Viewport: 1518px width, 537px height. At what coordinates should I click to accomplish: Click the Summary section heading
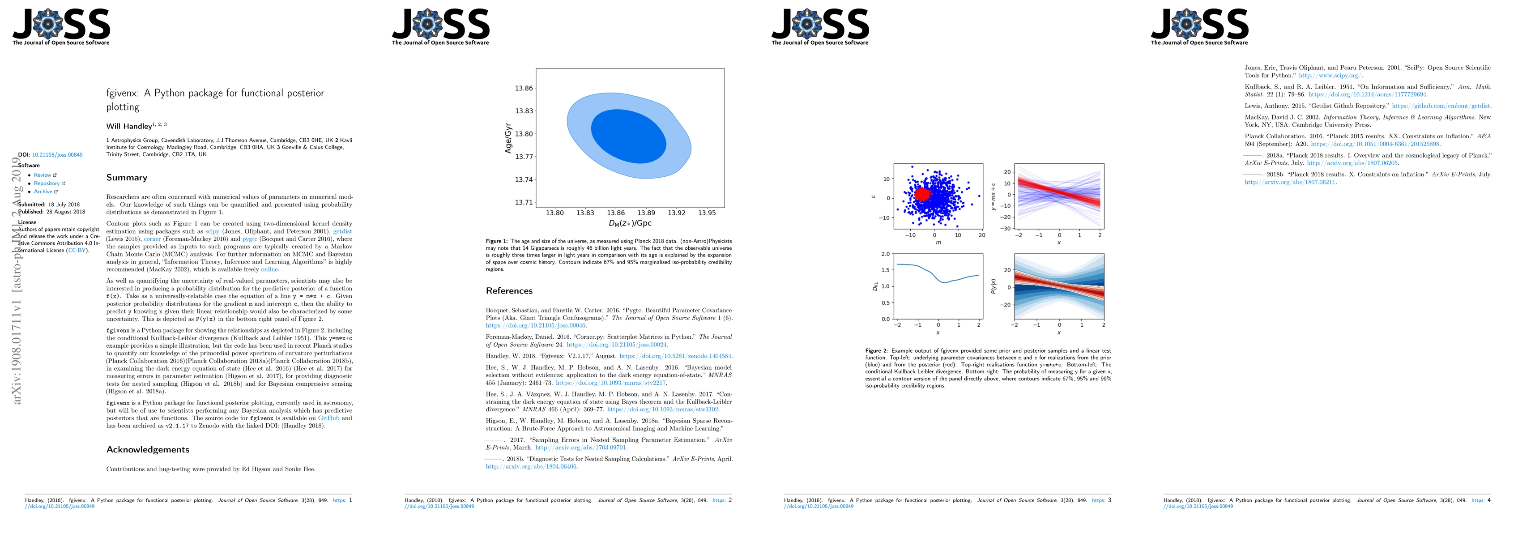point(127,177)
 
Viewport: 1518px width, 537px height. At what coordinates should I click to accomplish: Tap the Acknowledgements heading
point(148,449)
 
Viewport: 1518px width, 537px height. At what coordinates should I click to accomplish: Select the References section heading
point(509,290)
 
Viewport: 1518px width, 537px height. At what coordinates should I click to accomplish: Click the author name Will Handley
point(129,126)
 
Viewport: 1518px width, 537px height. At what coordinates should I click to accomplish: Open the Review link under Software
point(43,175)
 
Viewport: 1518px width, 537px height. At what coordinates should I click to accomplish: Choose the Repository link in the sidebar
point(47,183)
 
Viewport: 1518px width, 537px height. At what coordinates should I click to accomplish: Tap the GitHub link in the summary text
point(329,418)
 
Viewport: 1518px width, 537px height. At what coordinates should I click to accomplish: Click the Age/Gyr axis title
point(508,138)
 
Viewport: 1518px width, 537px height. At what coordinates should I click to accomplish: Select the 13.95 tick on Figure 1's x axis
point(707,213)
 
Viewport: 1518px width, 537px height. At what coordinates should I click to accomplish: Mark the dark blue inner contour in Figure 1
point(628,136)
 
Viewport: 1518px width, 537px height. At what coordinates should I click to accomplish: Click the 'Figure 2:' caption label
point(877,351)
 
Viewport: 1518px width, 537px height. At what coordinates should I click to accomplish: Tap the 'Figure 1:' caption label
point(497,241)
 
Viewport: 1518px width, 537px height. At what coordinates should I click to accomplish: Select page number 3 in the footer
point(1109,500)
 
